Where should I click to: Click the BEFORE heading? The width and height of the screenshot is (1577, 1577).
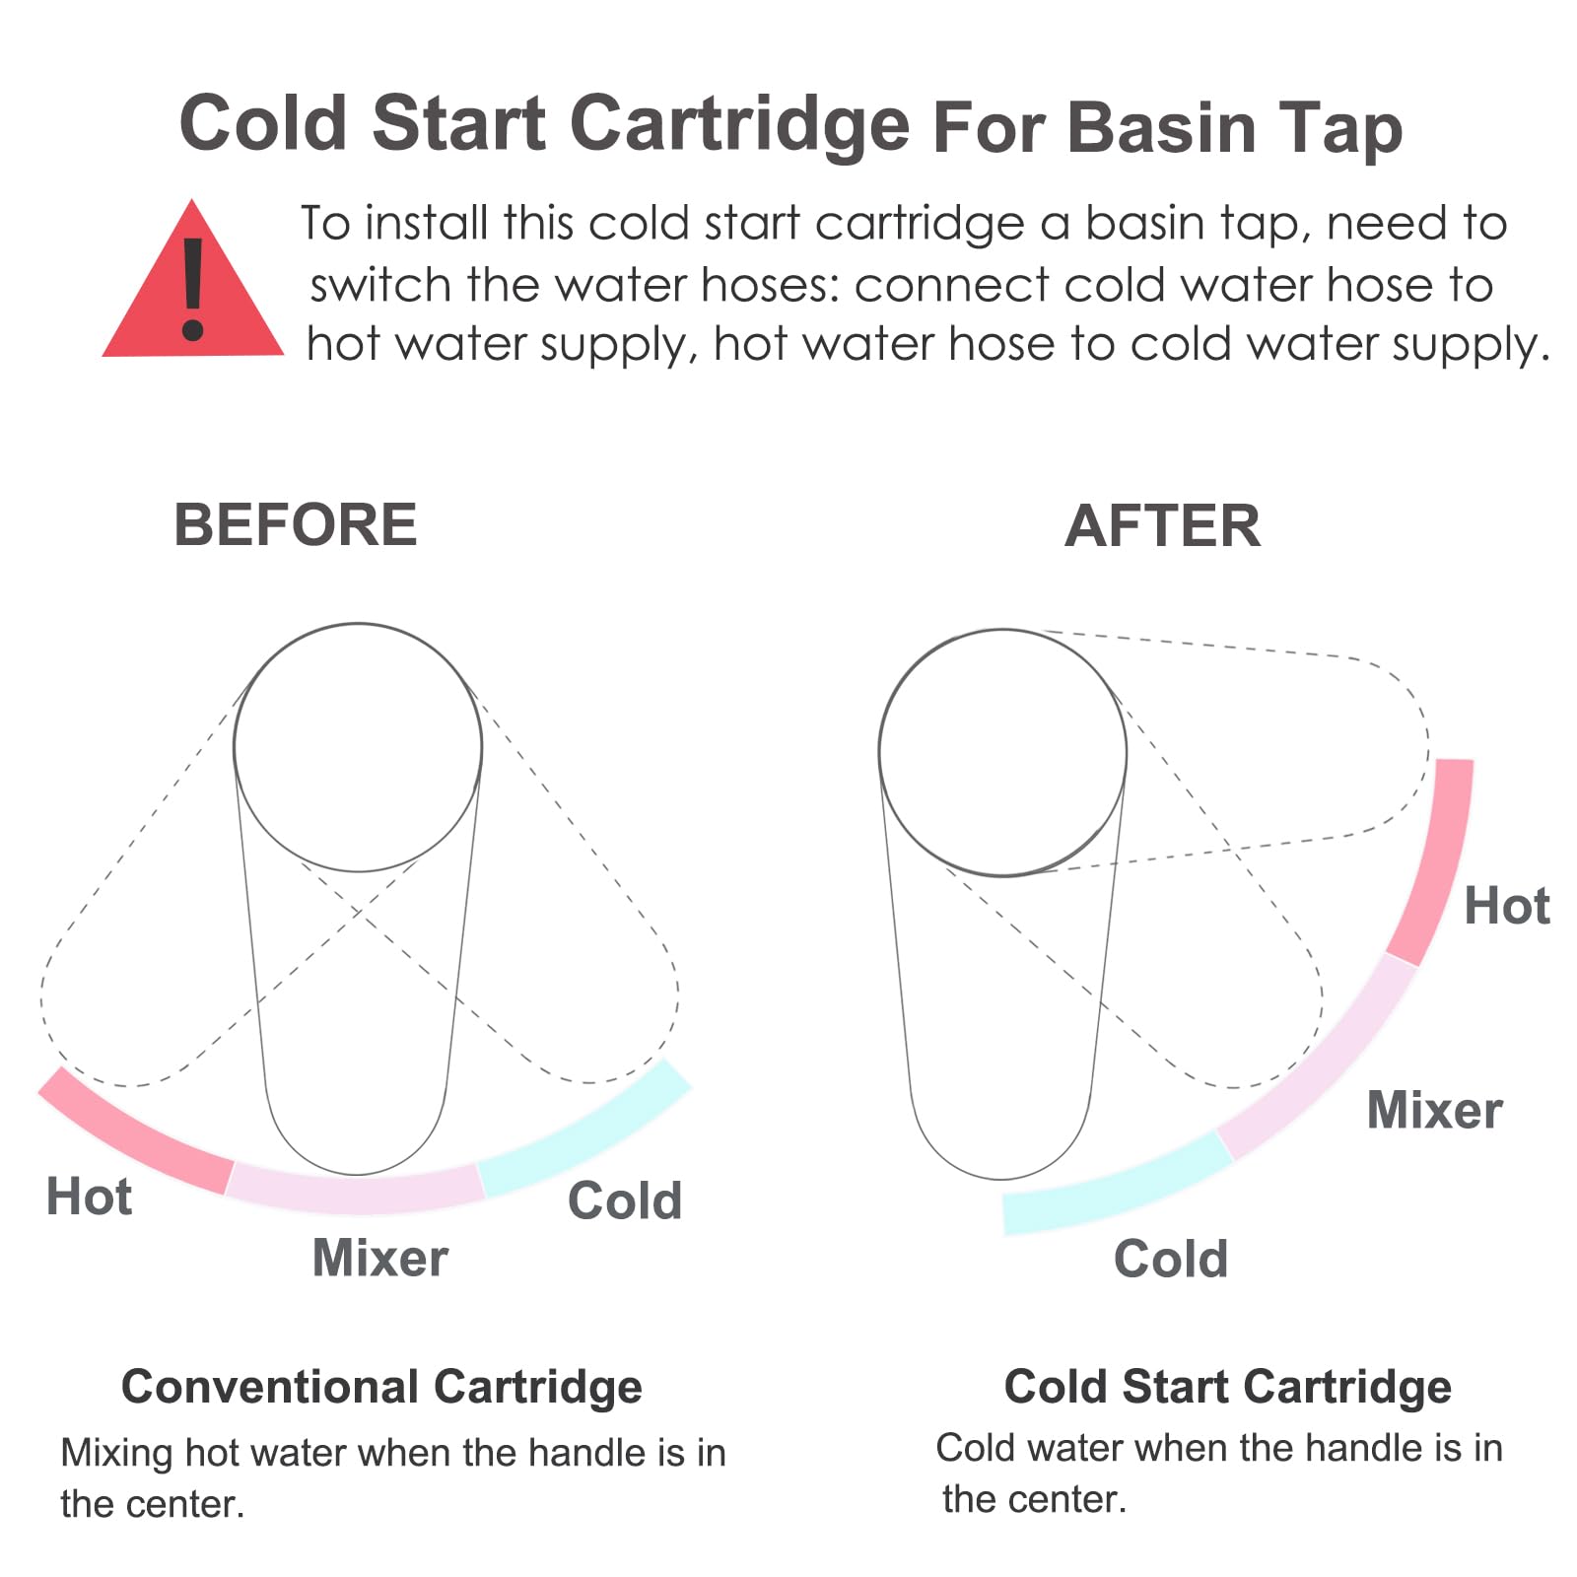point(296,524)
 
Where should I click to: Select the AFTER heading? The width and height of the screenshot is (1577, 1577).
point(1163,525)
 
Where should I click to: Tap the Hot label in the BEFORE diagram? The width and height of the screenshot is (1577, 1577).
point(89,1197)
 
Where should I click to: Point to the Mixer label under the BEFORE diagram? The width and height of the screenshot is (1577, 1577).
point(380,1258)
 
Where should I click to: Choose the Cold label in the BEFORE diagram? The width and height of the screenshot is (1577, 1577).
point(625,1200)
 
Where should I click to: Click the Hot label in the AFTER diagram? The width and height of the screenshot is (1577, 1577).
point(1507,906)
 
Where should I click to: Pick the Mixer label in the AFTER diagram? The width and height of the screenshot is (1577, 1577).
point(1435,1110)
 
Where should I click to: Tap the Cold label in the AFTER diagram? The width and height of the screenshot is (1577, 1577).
point(1171,1259)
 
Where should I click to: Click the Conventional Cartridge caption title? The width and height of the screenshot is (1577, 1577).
point(381,1387)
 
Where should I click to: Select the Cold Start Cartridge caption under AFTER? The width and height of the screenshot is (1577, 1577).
point(1228,1387)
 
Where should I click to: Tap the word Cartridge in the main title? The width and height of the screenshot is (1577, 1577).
point(739,125)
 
